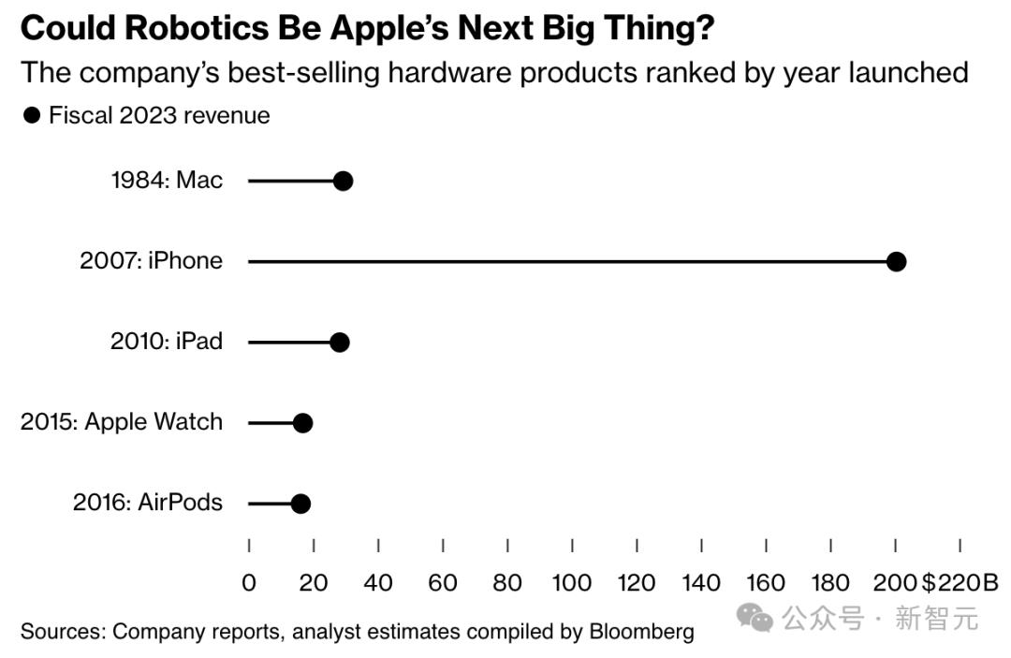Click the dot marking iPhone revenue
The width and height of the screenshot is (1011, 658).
click(896, 261)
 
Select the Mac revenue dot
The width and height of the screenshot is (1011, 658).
click(343, 181)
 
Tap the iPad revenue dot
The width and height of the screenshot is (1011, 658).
click(339, 342)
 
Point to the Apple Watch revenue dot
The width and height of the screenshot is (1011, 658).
click(302, 423)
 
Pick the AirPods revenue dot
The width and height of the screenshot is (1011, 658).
click(300, 504)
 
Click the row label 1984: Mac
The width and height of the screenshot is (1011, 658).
click(167, 180)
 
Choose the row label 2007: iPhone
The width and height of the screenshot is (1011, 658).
click(151, 260)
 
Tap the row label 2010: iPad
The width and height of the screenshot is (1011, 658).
click(166, 341)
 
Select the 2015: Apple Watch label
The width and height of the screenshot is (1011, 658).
click(122, 421)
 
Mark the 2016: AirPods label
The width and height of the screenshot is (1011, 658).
click(147, 502)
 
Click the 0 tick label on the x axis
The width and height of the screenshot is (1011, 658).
click(248, 583)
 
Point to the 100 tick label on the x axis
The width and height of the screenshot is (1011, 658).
click(571, 583)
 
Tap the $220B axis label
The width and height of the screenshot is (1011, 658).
click(960, 583)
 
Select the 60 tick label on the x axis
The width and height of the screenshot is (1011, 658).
click(442, 583)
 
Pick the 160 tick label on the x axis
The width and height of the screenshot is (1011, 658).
click(766, 583)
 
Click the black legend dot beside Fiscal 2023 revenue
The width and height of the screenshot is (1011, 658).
click(32, 115)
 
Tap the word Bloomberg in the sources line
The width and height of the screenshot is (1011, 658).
click(641, 631)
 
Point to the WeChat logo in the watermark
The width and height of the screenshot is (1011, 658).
click(755, 617)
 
